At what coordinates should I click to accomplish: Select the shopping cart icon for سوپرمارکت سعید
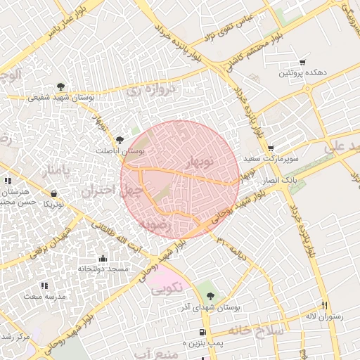pos(271,148)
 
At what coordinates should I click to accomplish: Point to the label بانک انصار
pos(277,181)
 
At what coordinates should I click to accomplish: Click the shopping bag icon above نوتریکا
pos(54,193)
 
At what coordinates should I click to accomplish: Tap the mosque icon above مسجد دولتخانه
pos(103,258)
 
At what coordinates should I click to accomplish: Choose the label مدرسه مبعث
pos(46,297)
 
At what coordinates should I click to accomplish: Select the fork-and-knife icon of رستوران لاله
pos(323,305)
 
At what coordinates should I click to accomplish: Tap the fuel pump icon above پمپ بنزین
pos(202,332)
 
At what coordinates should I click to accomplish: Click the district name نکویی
pos(167,287)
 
